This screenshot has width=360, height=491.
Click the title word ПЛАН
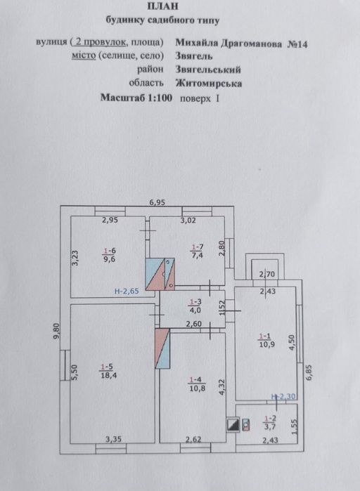(x=162, y=6)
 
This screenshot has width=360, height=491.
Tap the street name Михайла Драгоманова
(x=229, y=44)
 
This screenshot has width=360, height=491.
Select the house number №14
(x=297, y=44)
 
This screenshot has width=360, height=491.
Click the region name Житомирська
(x=209, y=84)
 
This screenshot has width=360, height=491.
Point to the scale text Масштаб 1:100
(x=136, y=98)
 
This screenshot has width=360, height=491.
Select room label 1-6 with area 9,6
(x=110, y=255)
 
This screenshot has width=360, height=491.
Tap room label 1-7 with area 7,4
(x=197, y=251)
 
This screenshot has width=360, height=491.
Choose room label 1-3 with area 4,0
(x=195, y=306)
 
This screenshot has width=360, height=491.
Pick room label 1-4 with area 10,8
(x=198, y=384)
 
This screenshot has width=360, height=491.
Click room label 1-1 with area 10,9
(x=266, y=341)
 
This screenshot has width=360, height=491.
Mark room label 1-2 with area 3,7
(x=270, y=422)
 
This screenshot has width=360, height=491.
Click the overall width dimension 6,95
(x=157, y=202)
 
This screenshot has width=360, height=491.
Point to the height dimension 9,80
(x=56, y=332)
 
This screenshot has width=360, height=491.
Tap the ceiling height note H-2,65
(x=127, y=292)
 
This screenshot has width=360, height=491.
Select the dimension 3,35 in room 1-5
(x=113, y=439)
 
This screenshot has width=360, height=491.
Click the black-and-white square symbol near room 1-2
(x=233, y=424)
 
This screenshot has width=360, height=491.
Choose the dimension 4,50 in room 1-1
(x=292, y=343)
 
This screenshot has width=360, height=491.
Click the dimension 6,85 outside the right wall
(x=309, y=372)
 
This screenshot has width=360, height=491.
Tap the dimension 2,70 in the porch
(x=267, y=275)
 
